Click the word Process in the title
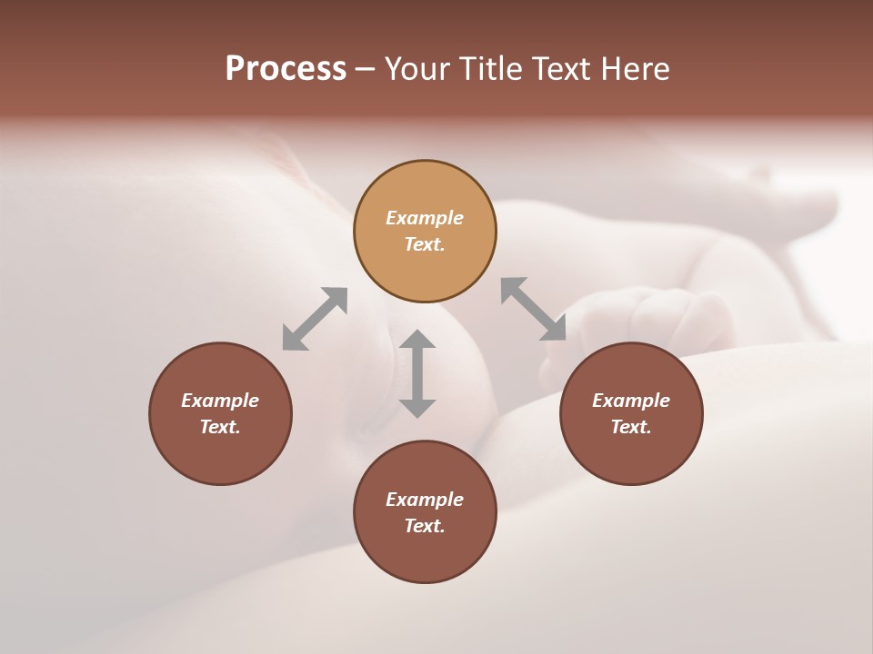[x=286, y=69]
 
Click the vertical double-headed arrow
[x=417, y=374]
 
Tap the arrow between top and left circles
[x=315, y=319]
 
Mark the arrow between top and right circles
[x=533, y=309]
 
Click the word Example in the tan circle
[x=425, y=218]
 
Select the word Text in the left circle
[x=220, y=427]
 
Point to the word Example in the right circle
[x=631, y=401]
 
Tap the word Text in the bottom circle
[x=425, y=526]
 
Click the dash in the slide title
[x=365, y=69]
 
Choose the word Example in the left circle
[x=220, y=401]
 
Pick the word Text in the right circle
[x=631, y=427]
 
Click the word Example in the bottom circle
[x=425, y=500]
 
